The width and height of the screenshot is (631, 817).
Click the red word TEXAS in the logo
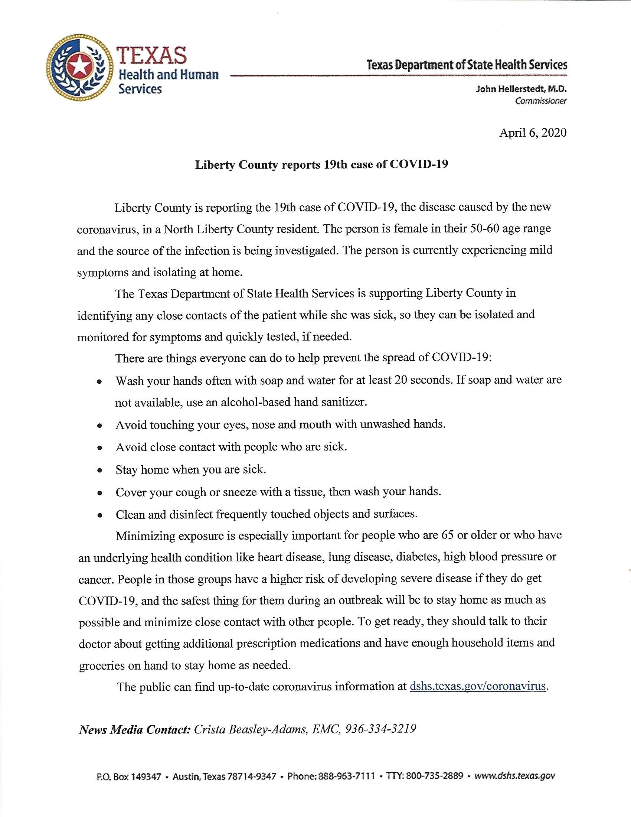coord(152,55)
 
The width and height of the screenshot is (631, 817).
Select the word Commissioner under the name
coord(540,101)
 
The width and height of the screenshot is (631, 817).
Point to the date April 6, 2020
coord(533,133)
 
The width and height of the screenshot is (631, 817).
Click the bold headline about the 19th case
coord(321,165)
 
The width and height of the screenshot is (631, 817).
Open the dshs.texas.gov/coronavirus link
coord(477,686)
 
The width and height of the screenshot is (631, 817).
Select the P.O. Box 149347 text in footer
coord(129,777)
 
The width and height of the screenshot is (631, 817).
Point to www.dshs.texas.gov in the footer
coord(515,777)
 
